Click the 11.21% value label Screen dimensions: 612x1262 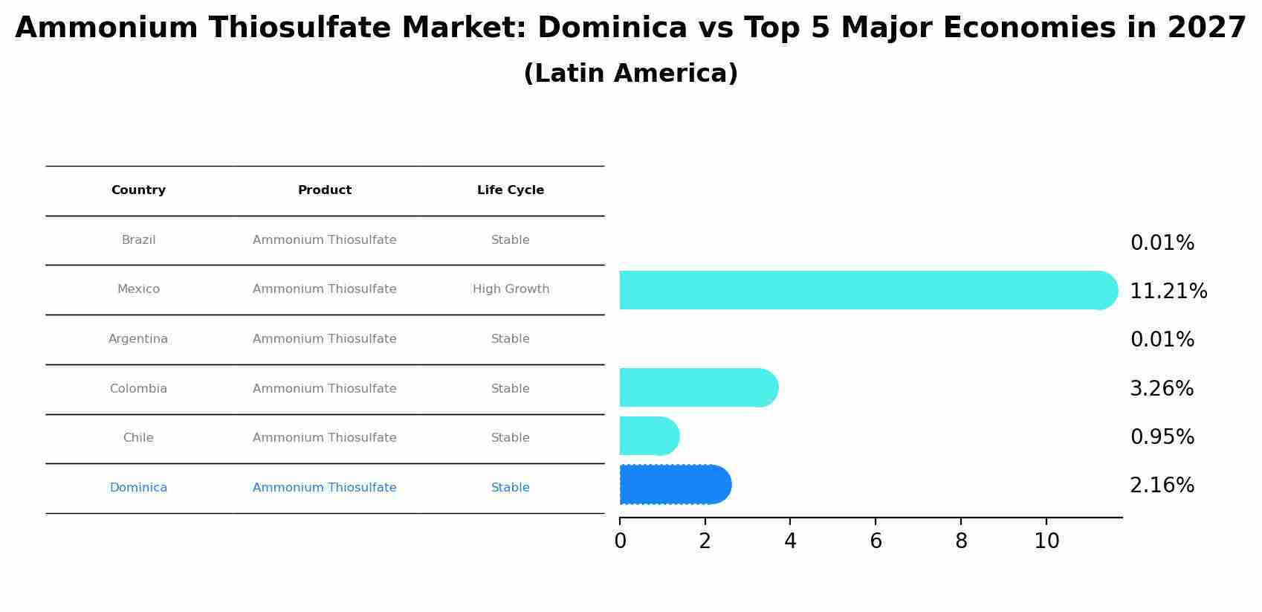[1168, 291]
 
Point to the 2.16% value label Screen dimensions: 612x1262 [1162, 486]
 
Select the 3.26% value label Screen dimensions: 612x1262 [1162, 389]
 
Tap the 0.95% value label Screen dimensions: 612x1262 [1162, 437]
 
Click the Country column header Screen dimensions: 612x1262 [138, 190]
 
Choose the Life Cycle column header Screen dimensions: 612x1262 [511, 190]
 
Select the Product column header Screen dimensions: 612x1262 [325, 190]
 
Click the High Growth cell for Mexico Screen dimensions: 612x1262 [511, 289]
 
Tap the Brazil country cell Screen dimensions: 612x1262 [138, 240]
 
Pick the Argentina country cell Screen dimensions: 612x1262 [138, 339]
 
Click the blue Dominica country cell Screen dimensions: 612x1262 [138, 488]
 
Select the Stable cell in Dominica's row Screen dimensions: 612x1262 [511, 488]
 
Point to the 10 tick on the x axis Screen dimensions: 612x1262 [1046, 541]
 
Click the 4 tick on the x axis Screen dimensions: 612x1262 [790, 541]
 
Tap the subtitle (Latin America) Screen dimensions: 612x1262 [630, 74]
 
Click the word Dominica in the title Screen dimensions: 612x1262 [612, 28]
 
